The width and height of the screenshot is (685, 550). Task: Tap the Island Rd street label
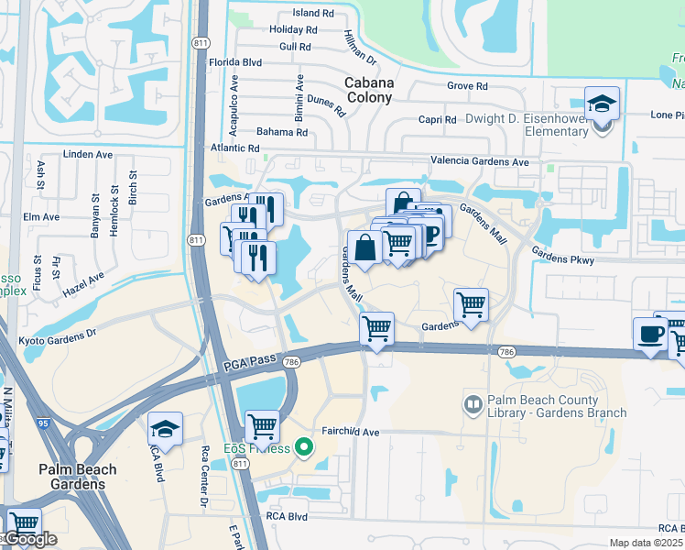pos(313,13)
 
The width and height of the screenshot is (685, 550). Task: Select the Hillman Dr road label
pos(360,45)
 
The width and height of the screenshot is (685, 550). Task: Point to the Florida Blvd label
pos(235,62)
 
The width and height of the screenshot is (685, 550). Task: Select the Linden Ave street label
pos(89,154)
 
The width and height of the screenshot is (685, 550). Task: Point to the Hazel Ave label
pos(84,282)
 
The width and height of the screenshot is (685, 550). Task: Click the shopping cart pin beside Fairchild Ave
pos(262,426)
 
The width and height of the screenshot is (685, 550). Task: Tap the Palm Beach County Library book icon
pos(473,403)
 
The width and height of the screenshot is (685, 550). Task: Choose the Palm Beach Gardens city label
pos(78,476)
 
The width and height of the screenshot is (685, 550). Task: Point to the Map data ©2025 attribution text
pos(644,543)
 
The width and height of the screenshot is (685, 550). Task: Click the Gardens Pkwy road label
pos(562,259)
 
